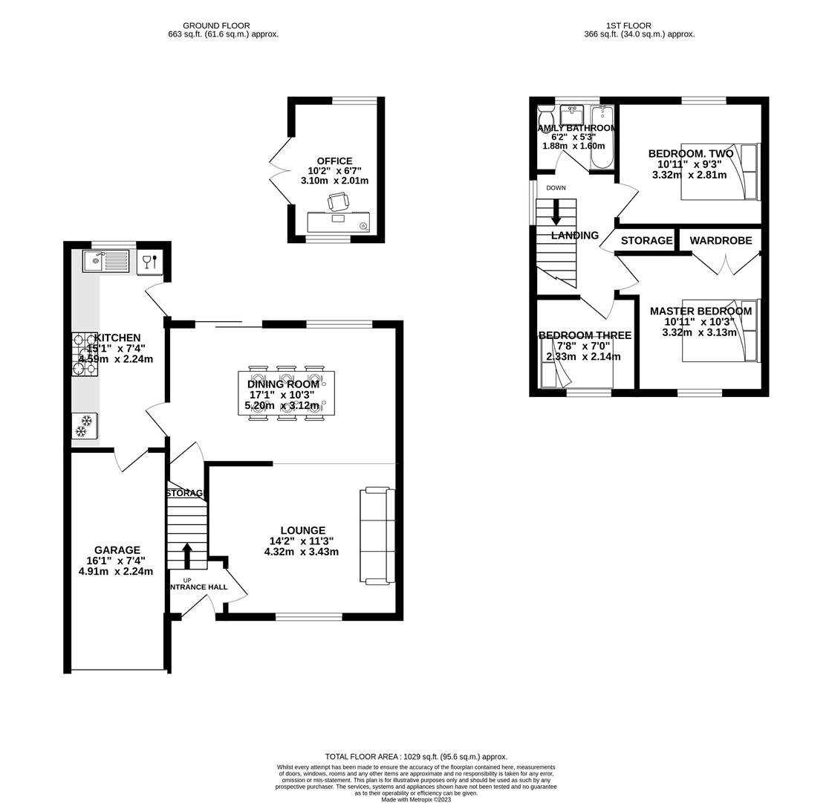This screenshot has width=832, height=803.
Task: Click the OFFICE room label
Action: tap(334, 161)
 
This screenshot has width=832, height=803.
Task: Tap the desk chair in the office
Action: tap(338, 201)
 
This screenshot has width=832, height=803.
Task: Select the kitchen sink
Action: tap(105, 261)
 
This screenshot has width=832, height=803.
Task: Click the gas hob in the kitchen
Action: tap(84, 355)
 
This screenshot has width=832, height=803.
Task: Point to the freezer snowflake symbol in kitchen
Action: tap(84, 426)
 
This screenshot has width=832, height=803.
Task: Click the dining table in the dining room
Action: tap(286, 393)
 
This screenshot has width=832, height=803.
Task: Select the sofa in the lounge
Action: tap(377, 535)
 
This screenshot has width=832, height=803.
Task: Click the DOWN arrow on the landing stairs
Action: tap(556, 212)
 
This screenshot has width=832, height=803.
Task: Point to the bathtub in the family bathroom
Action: tap(602, 138)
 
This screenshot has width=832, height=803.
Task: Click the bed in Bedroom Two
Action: tap(721, 172)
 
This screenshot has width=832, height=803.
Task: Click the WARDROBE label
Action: tap(721, 240)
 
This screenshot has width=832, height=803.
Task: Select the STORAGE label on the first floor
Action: tap(646, 240)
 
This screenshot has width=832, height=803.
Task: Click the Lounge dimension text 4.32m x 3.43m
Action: tap(301, 552)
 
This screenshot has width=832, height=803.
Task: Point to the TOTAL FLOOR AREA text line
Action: tap(416, 756)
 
